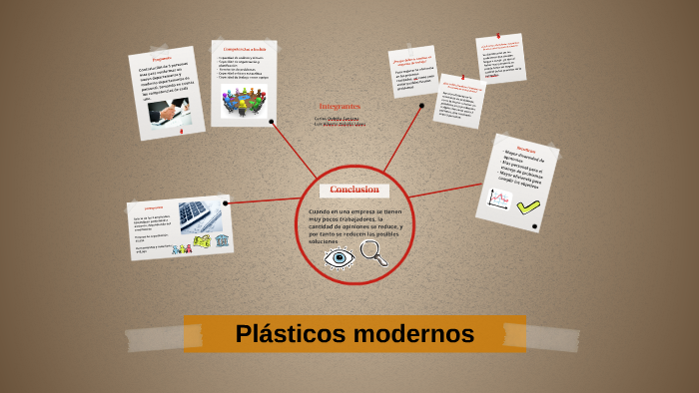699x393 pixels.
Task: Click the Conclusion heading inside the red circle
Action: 354,190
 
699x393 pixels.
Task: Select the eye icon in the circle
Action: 340,258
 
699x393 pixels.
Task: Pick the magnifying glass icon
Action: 374,256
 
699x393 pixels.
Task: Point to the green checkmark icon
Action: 527,205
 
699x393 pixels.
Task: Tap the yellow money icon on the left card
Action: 202,241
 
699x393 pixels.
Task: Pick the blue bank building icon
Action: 222,241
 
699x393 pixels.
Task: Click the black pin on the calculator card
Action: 227,203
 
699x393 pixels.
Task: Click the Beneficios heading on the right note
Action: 526,149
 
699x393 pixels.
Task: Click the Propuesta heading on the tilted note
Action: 162,58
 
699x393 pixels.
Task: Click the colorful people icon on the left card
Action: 181,241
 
